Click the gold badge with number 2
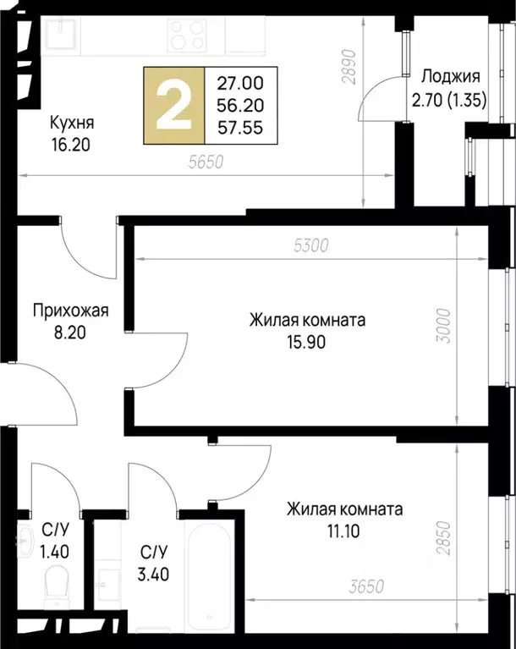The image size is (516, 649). coord(175,104)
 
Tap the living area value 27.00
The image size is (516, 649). coord(241,83)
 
